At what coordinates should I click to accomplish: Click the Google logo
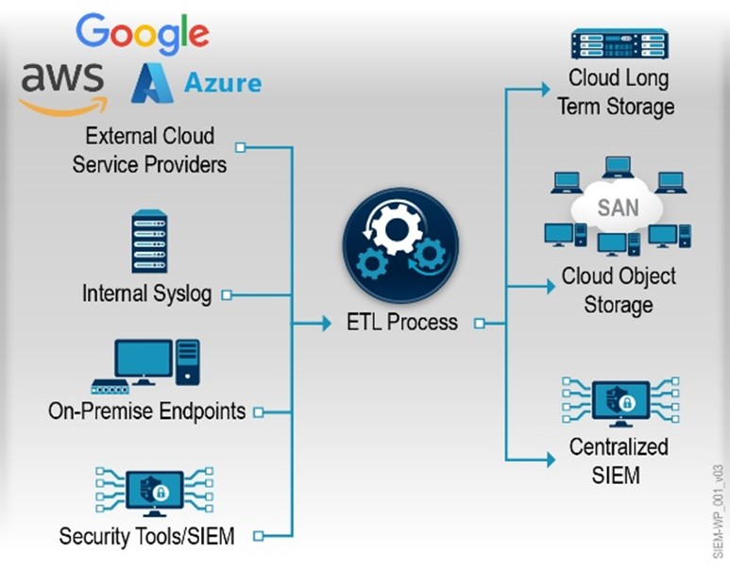pos(142,34)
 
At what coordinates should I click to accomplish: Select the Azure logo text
pos(223,83)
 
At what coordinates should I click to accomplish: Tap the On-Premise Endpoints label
pos(146,411)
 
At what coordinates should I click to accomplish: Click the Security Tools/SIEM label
pos(146,536)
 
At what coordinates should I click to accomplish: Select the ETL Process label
pos(401,323)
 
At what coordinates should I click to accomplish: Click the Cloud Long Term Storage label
pos(616,92)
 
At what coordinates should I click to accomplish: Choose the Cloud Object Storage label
pos(619,291)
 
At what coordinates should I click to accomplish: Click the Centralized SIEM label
pos(619,459)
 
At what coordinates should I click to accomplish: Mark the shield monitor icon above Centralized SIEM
pos(620,402)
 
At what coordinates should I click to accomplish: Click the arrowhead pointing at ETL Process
pos(325,324)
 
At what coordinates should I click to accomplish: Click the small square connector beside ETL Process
pos(479,324)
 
